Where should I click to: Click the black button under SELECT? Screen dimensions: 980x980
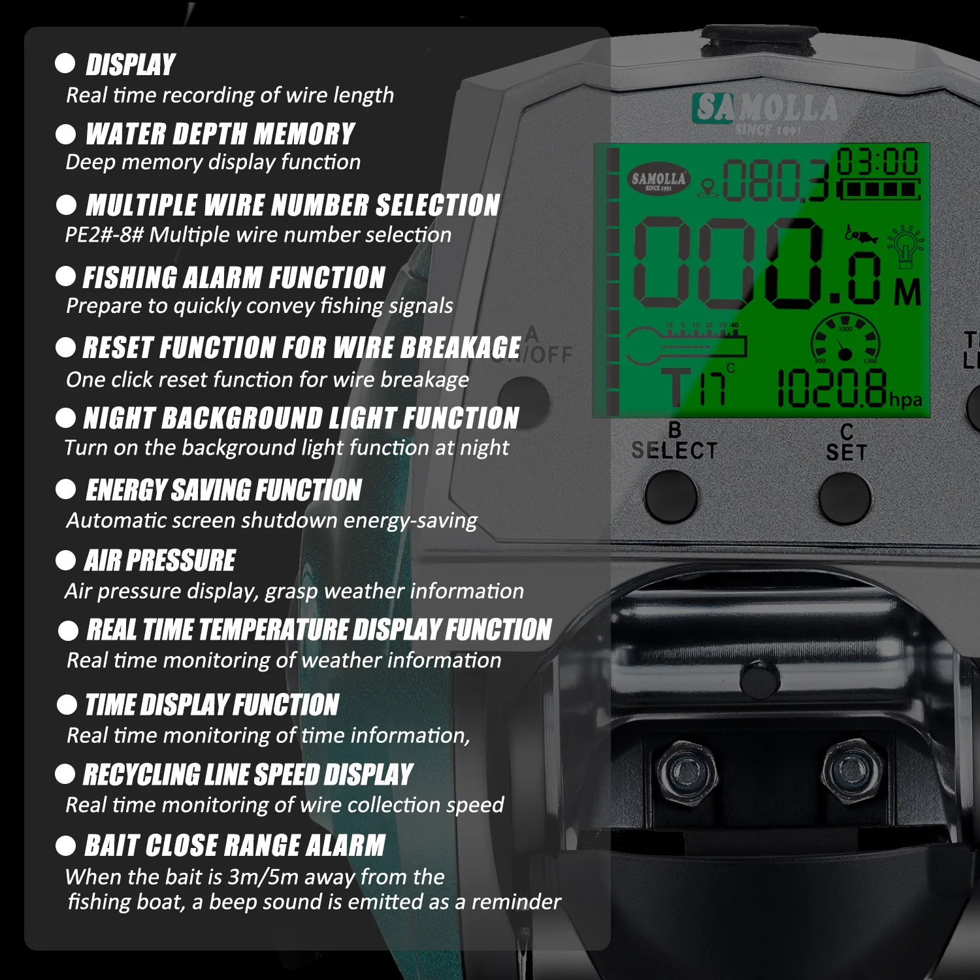(671, 497)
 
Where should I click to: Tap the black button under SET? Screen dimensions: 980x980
(845, 498)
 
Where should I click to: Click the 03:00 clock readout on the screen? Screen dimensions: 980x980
(877, 161)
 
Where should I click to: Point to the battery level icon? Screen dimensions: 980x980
(879, 189)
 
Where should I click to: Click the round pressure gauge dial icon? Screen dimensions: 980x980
(845, 338)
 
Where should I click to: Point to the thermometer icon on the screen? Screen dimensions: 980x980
(686, 345)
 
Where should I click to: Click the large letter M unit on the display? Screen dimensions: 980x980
(908, 293)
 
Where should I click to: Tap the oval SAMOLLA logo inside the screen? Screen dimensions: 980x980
(659, 179)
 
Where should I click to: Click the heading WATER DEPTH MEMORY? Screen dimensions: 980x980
(220, 134)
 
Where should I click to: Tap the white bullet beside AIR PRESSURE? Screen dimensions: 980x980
(65, 560)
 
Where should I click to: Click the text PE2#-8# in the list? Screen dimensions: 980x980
(104, 234)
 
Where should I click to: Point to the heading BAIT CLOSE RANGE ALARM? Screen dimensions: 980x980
(235, 845)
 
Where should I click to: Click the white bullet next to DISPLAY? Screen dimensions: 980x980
(65, 63)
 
